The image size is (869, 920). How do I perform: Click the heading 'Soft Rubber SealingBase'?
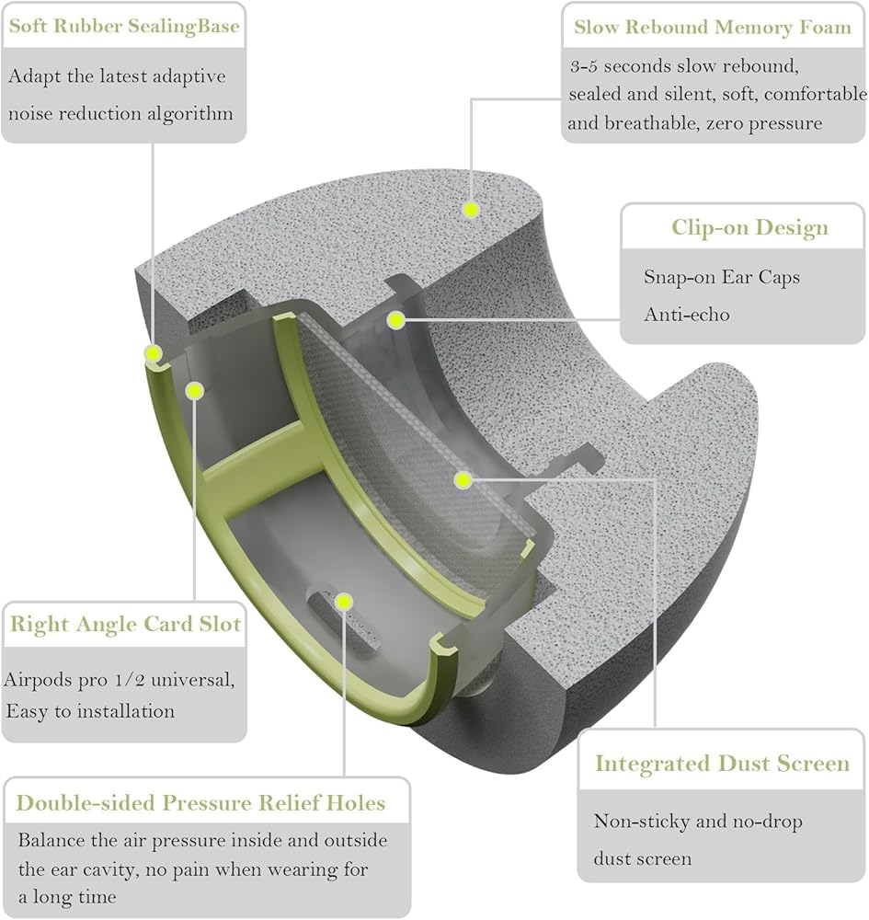pyautogui.click(x=124, y=27)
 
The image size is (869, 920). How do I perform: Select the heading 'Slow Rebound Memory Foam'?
pyautogui.click(x=713, y=27)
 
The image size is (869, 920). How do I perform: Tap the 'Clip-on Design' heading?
pyautogui.click(x=750, y=227)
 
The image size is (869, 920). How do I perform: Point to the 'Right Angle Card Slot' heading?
pyautogui.click(x=125, y=624)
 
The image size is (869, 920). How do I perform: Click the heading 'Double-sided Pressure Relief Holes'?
pyautogui.click(x=200, y=802)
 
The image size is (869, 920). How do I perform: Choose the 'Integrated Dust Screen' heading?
pyautogui.click(x=723, y=763)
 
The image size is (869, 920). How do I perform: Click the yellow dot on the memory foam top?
pyautogui.click(x=471, y=209)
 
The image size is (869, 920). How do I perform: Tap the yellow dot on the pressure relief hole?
pyautogui.click(x=344, y=602)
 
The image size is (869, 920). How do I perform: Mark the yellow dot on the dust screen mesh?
pyautogui.click(x=463, y=480)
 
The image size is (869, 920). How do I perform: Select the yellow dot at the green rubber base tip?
pyautogui.click(x=154, y=353)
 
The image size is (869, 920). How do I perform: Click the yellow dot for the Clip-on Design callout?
pyautogui.click(x=396, y=320)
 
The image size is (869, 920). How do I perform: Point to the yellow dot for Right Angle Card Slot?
pyautogui.click(x=195, y=390)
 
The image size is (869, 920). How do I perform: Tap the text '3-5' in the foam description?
pyautogui.click(x=583, y=65)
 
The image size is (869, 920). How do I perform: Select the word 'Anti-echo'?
pyautogui.click(x=687, y=315)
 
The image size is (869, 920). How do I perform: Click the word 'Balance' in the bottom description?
pyautogui.click(x=51, y=840)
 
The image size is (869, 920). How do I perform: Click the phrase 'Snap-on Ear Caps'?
pyautogui.click(x=722, y=277)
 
